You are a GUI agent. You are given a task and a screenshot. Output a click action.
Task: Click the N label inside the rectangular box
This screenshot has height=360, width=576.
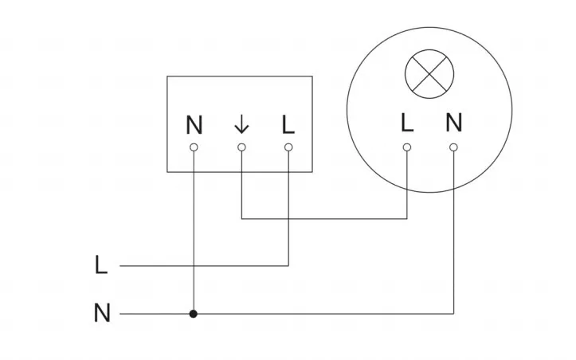tap(194, 125)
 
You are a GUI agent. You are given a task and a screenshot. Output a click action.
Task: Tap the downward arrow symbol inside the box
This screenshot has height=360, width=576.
tap(241, 125)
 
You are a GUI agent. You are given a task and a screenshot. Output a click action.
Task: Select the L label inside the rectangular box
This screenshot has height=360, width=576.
tap(288, 125)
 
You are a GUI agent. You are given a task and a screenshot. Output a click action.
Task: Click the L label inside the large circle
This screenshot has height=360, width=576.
tap(406, 123)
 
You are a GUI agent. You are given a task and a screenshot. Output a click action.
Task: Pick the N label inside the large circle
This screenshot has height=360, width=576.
tap(453, 123)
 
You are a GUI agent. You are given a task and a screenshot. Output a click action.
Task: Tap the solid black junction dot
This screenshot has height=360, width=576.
tap(194, 314)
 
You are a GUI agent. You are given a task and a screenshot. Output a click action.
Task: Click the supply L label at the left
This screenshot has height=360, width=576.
tap(100, 265)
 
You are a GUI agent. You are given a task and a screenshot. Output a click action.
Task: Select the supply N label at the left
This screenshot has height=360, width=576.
tap(101, 314)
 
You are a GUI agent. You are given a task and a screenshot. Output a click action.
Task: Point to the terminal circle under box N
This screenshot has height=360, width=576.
tap(194, 147)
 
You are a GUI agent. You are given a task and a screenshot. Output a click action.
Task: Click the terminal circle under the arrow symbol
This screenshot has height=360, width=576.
tap(241, 147)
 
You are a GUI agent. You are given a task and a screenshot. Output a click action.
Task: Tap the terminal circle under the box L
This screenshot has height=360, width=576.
tap(288, 147)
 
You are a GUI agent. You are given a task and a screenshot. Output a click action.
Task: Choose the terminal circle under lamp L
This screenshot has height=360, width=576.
tap(407, 147)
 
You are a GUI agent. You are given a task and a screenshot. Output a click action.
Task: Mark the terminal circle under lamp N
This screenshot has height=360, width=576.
tap(453, 147)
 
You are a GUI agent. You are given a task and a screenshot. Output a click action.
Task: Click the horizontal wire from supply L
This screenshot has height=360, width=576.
tap(199, 265)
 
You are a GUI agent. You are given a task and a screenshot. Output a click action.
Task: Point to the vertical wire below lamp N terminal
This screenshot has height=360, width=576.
tap(453, 239)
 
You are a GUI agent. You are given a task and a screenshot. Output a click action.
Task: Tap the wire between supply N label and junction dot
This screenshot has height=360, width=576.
tap(155, 314)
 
